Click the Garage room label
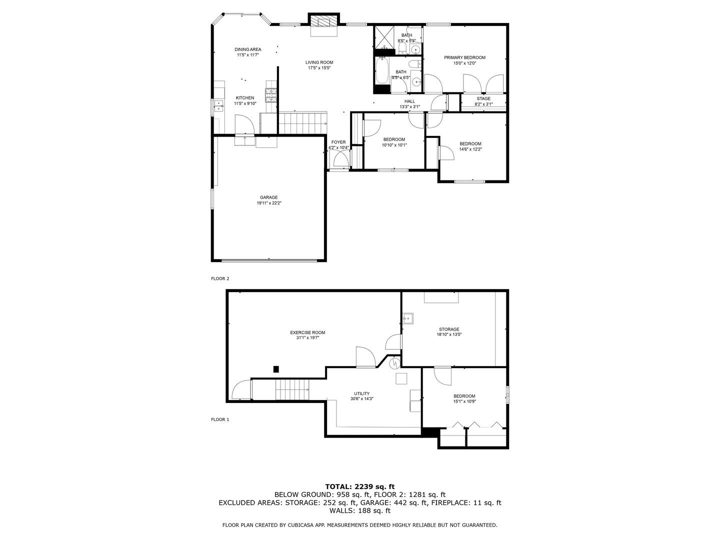268,197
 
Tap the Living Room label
319,62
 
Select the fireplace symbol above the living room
323,21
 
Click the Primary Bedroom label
464,57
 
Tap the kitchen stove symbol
271,95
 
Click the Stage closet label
483,98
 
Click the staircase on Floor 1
292,389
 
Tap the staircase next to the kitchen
302,123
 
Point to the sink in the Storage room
408,318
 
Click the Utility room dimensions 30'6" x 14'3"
361,399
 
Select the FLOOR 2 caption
220,278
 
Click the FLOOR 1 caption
220,419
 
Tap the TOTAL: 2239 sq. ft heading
359,486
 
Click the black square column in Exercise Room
275,369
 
